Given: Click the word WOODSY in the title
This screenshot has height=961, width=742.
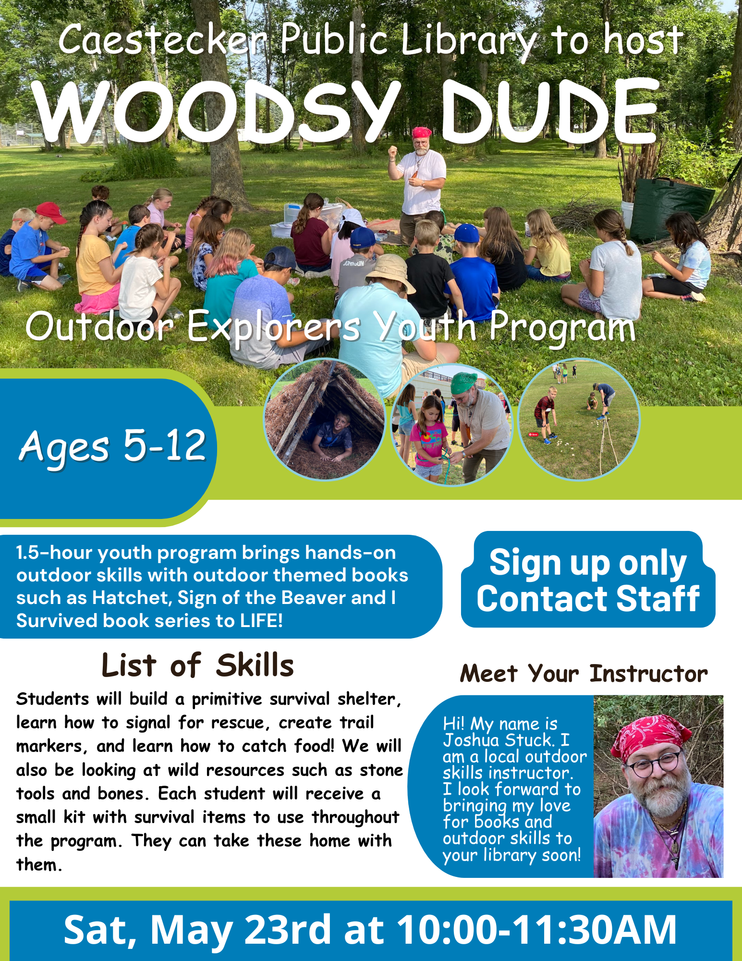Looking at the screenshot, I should (x=216, y=111).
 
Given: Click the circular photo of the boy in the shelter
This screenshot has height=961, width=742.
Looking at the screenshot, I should (x=325, y=419).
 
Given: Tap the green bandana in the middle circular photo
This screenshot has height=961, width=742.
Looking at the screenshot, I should (x=463, y=382).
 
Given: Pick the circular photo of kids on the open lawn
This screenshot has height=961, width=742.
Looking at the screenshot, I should (x=579, y=419).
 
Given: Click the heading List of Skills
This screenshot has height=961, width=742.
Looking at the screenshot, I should (x=197, y=665).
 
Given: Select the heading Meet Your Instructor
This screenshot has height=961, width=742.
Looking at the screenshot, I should (x=584, y=674).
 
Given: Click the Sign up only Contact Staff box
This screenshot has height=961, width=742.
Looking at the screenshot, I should (x=588, y=580).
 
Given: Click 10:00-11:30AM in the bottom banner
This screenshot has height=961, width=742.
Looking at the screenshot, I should (x=536, y=930).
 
